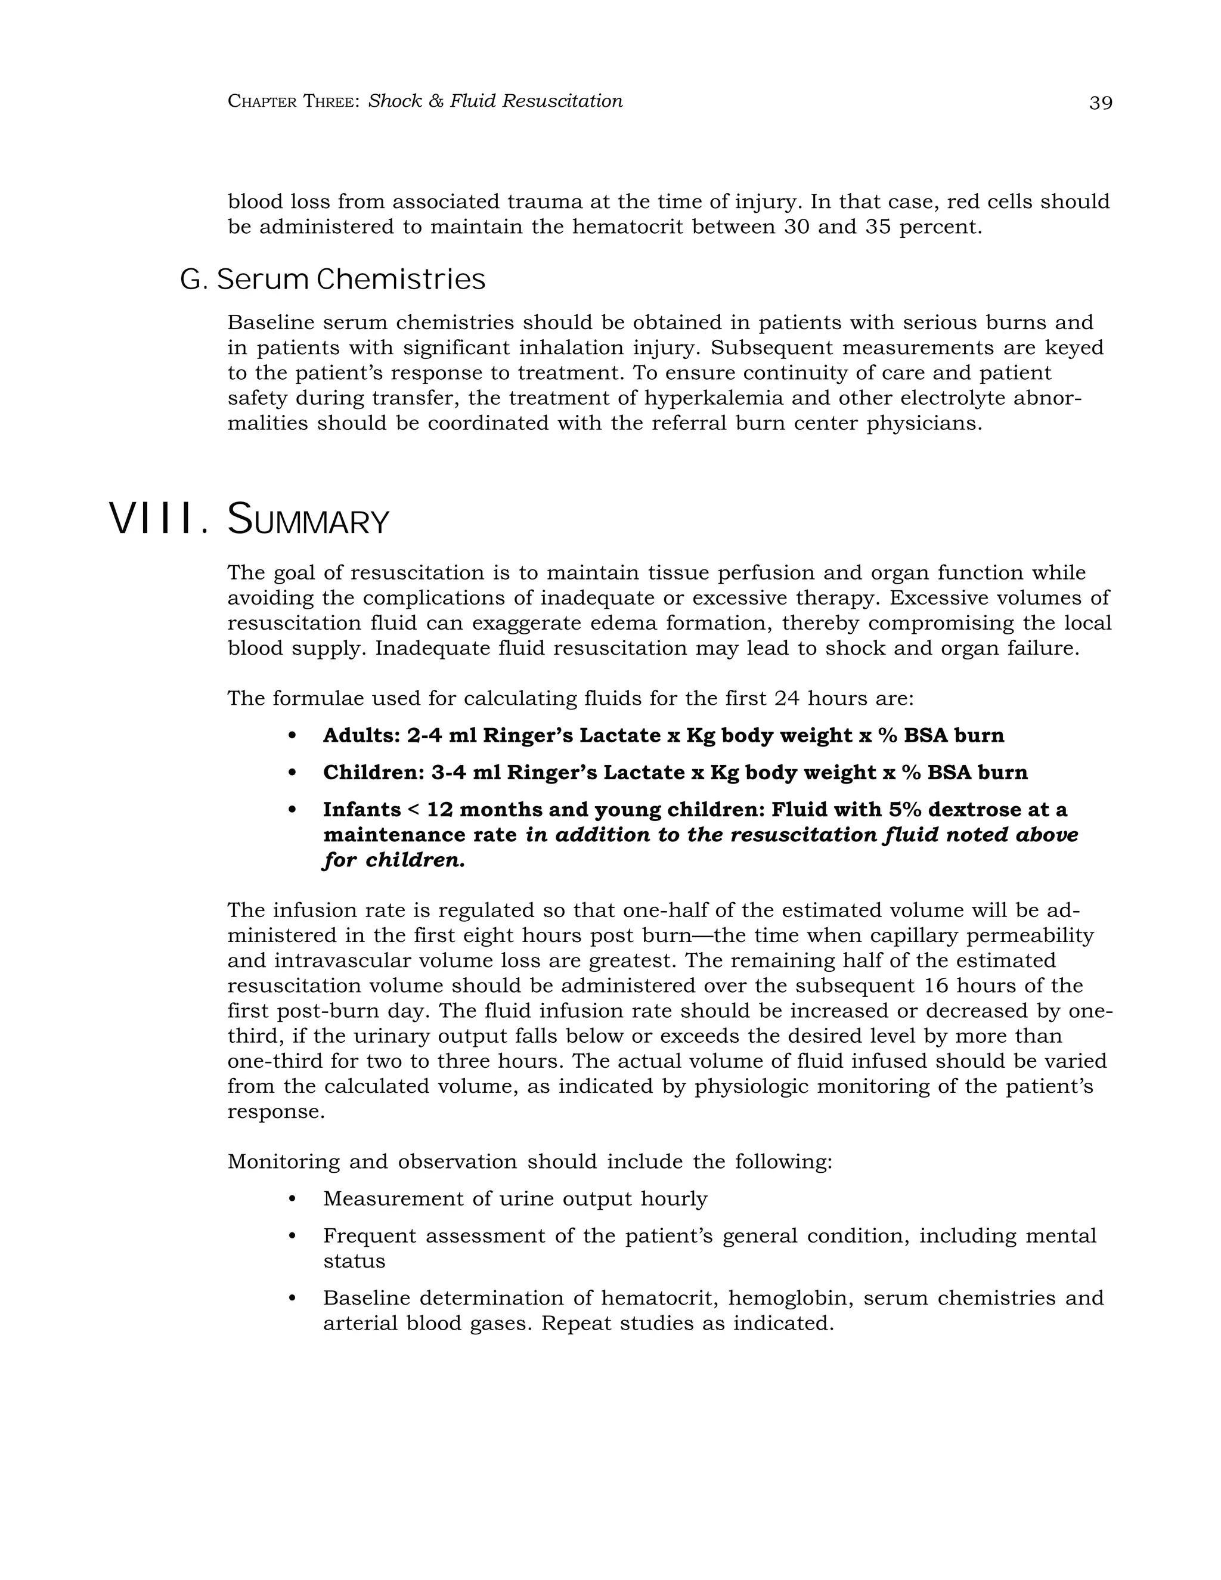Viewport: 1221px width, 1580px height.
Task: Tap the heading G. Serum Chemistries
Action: [333, 279]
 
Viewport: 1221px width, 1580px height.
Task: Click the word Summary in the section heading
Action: [308, 521]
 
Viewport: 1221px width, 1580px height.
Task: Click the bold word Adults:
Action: [361, 736]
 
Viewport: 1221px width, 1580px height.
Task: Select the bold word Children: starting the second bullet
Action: [373, 773]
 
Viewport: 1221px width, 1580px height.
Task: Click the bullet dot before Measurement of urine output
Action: [292, 1200]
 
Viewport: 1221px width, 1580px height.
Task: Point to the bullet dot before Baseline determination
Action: [292, 1299]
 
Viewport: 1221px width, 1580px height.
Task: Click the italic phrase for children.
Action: [393, 860]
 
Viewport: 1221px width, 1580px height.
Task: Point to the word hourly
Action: [674, 1199]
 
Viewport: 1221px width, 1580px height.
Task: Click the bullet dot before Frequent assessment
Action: [292, 1237]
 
